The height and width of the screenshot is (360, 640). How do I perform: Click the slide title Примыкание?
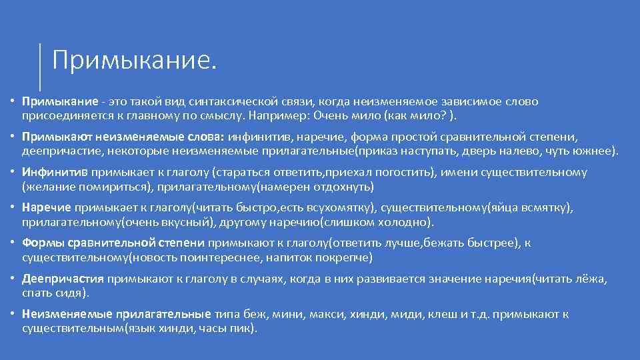(134, 61)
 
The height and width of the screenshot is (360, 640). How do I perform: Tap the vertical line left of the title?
(40, 67)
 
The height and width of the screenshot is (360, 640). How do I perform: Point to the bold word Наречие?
(47, 208)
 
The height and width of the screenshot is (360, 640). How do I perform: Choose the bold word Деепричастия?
(63, 279)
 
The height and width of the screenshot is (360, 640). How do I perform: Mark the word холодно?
(402, 221)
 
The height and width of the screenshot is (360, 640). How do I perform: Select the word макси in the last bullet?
(315, 315)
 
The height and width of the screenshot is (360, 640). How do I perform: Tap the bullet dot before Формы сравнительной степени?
(13, 243)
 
